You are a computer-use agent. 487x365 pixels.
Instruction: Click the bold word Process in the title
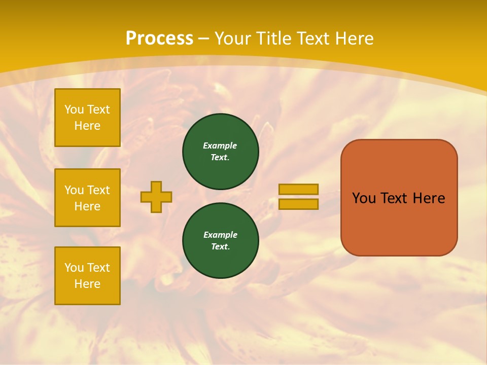pyautogui.click(x=159, y=39)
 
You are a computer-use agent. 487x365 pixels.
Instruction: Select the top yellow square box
pyautogui.click(x=87, y=118)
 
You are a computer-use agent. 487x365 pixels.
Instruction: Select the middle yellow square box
pyautogui.click(x=87, y=198)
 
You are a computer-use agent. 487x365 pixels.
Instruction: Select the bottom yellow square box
pyautogui.click(x=87, y=275)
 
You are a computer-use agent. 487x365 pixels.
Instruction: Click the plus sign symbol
pyautogui.click(x=156, y=197)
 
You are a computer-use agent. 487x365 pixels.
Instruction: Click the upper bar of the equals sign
pyautogui.click(x=298, y=189)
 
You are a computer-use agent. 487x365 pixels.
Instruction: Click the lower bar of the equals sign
pyautogui.click(x=298, y=204)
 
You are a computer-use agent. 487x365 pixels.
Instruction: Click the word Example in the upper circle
pyautogui.click(x=220, y=145)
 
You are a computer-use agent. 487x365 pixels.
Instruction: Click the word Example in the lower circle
pyautogui.click(x=220, y=235)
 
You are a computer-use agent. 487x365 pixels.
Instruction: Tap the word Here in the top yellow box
pyautogui.click(x=87, y=126)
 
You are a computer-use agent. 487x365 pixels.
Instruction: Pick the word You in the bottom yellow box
pyautogui.click(x=74, y=268)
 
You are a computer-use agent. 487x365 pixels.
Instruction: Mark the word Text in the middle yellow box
pyautogui.click(x=98, y=190)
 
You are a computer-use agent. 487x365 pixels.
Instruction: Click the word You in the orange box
pyautogui.click(x=364, y=198)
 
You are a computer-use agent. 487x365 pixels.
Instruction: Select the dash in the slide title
pyautogui.click(x=204, y=39)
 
